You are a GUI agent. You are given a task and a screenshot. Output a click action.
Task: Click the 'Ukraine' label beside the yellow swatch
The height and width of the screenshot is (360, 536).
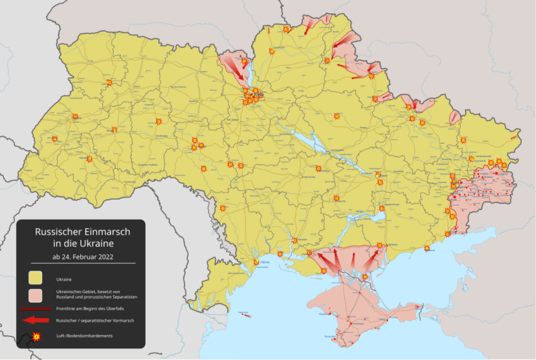click(x=64, y=279)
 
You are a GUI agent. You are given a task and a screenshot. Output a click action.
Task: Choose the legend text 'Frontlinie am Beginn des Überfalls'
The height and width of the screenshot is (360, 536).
click(x=87, y=308)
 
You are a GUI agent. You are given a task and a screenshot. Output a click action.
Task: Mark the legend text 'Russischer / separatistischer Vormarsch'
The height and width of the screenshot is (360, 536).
click(x=91, y=320)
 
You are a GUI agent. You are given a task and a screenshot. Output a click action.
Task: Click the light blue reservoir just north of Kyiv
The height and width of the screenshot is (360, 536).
click(x=245, y=72)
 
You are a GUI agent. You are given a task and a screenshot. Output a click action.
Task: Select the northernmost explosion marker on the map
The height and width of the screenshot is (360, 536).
click(x=286, y=29)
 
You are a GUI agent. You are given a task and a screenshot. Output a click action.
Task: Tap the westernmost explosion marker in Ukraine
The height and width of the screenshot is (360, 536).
click(x=54, y=139)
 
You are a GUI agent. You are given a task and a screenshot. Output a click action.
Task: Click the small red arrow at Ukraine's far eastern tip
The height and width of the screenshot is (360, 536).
click(x=514, y=138)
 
